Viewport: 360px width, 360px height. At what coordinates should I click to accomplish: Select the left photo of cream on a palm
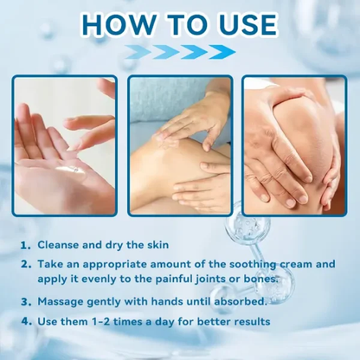pos(63,145)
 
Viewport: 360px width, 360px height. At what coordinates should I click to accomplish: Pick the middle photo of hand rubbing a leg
pos(179,145)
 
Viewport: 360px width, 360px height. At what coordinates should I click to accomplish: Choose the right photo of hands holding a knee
pos(295,145)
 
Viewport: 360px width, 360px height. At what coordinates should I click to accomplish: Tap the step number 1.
pos(28,246)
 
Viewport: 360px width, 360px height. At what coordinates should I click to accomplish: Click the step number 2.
pos(28,265)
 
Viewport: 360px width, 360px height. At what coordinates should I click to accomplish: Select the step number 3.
pos(28,302)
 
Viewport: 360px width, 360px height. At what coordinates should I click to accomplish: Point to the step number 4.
pos(28,322)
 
